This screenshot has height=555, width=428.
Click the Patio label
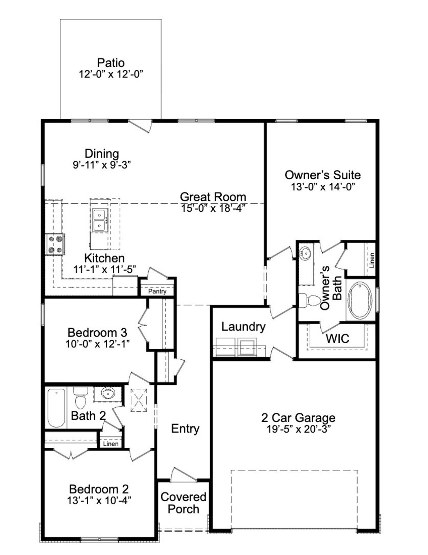pyautogui.click(x=111, y=63)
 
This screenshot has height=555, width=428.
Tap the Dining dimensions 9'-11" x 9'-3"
pyautogui.click(x=102, y=165)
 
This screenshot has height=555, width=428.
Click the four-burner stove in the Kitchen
pyautogui.click(x=55, y=244)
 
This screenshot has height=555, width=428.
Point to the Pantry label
pyautogui.click(x=157, y=291)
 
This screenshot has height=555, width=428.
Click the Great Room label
pyautogui.click(x=213, y=197)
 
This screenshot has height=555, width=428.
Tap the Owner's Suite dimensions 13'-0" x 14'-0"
pyautogui.click(x=322, y=186)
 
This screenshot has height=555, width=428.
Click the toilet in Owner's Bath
pyautogui.click(x=310, y=301)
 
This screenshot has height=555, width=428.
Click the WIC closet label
pyautogui.click(x=337, y=339)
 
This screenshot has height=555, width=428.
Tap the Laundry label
pyautogui.click(x=243, y=327)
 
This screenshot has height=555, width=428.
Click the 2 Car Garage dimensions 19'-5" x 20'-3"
pyautogui.click(x=299, y=429)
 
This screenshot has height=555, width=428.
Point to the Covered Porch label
pyautogui.click(x=183, y=503)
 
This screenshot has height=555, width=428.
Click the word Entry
pyautogui.click(x=185, y=428)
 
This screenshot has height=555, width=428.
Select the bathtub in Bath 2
pyautogui.click(x=56, y=408)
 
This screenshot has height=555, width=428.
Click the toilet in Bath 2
pyautogui.click(x=81, y=398)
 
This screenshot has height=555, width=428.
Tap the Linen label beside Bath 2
pyautogui.click(x=111, y=444)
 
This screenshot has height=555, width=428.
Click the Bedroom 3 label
pyautogui.click(x=97, y=333)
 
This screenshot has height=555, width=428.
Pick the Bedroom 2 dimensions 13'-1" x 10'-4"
pyautogui.click(x=99, y=501)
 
